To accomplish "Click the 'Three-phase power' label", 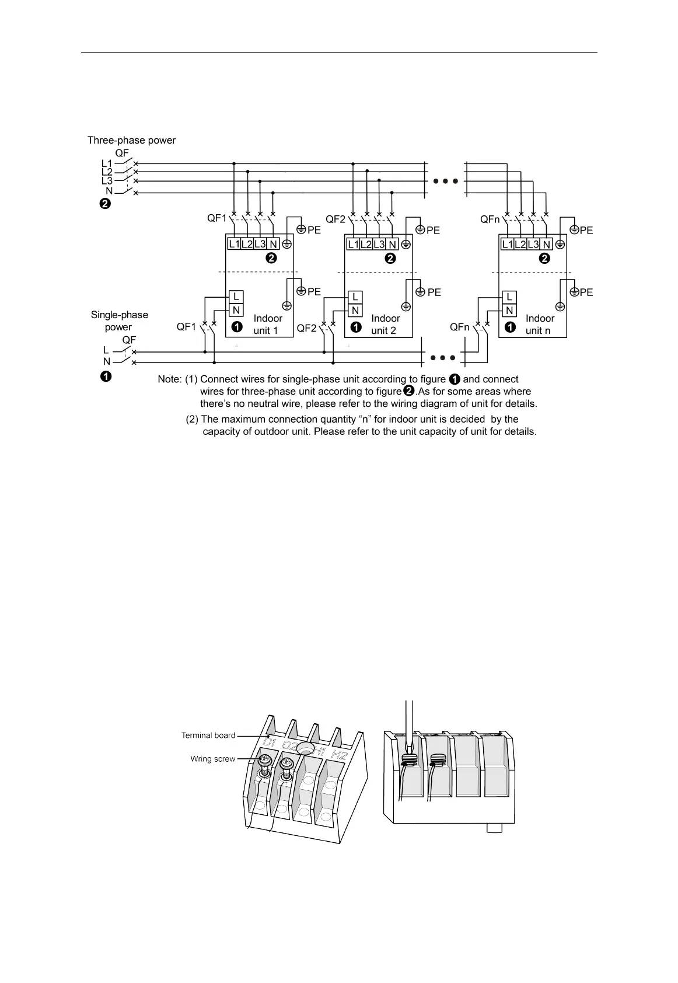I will (x=131, y=140).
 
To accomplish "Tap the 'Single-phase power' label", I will (x=119, y=321).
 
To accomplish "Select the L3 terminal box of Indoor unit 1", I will (x=260, y=244).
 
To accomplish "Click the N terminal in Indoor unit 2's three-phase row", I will (x=393, y=245).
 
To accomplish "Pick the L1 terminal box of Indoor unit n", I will (x=507, y=245).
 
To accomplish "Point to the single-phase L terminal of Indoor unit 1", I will (x=236, y=297).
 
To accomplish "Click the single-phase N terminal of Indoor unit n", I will (x=509, y=311).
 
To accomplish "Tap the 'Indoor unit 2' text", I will (x=385, y=325).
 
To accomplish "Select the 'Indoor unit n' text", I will (x=539, y=325).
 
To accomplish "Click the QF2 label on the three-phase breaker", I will (x=335, y=219).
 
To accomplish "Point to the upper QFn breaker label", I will (x=490, y=219).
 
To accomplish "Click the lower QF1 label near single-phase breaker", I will (x=187, y=327).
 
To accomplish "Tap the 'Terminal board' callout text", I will (x=208, y=735).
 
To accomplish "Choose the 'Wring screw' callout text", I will (x=212, y=759).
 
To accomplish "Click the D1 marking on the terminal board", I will (x=270, y=743).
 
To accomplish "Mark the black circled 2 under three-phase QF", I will (x=104, y=204).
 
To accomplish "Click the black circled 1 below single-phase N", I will (x=105, y=377).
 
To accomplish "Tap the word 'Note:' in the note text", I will (x=170, y=379).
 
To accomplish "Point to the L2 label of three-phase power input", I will (x=107, y=172).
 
